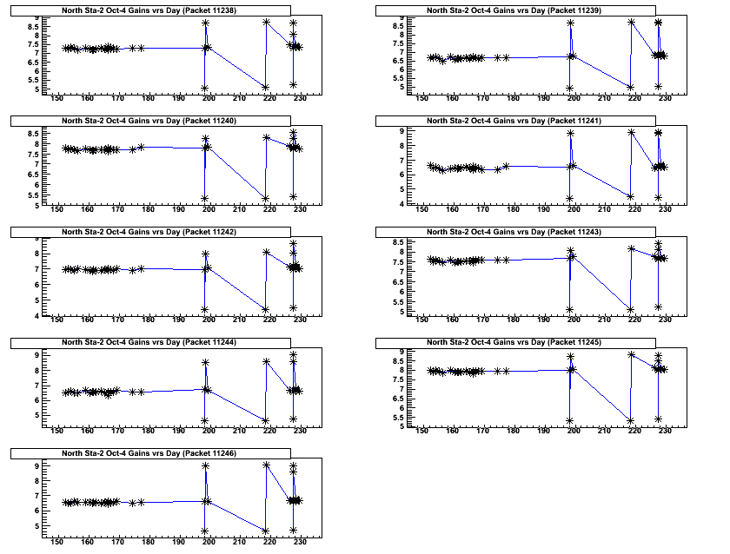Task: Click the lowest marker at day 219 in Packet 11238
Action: (265, 87)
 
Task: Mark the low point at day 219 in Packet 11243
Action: (630, 310)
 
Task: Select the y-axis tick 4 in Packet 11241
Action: (408, 205)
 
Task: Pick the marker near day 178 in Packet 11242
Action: (141, 268)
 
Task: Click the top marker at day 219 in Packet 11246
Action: (265, 465)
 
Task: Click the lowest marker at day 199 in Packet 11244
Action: (205, 421)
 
